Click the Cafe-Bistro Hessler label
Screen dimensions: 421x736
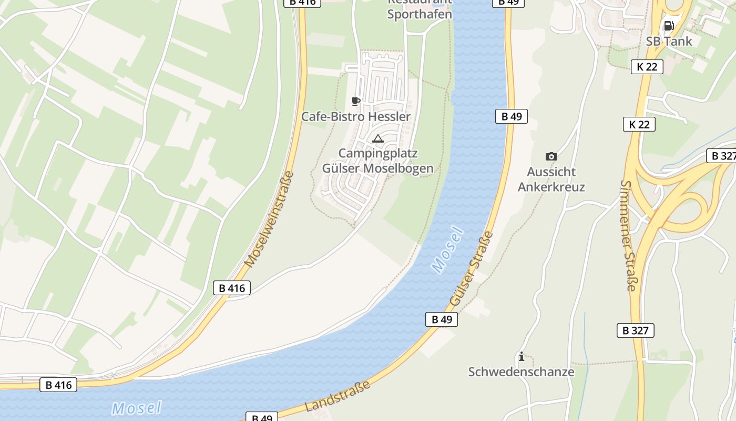point(355,116)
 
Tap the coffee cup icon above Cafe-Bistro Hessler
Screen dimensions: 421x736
point(356,101)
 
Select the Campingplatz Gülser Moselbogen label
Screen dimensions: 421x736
point(377,161)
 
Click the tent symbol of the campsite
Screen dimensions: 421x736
point(377,139)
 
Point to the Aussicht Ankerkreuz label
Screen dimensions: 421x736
point(551,179)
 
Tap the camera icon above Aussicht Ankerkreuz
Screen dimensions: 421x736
point(551,156)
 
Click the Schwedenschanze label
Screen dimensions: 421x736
point(521,372)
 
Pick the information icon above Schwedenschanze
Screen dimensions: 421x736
point(521,356)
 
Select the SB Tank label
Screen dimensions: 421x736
point(669,41)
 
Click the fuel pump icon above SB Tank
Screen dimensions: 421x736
point(669,26)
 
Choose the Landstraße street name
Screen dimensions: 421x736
point(338,396)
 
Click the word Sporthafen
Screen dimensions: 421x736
point(420,14)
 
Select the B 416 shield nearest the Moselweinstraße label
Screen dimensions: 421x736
point(232,288)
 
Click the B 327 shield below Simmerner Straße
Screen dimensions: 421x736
point(636,330)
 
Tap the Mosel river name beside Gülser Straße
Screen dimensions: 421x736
point(447,250)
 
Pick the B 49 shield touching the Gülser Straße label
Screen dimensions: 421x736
point(442,319)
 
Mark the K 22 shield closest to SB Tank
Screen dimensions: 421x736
point(647,66)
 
